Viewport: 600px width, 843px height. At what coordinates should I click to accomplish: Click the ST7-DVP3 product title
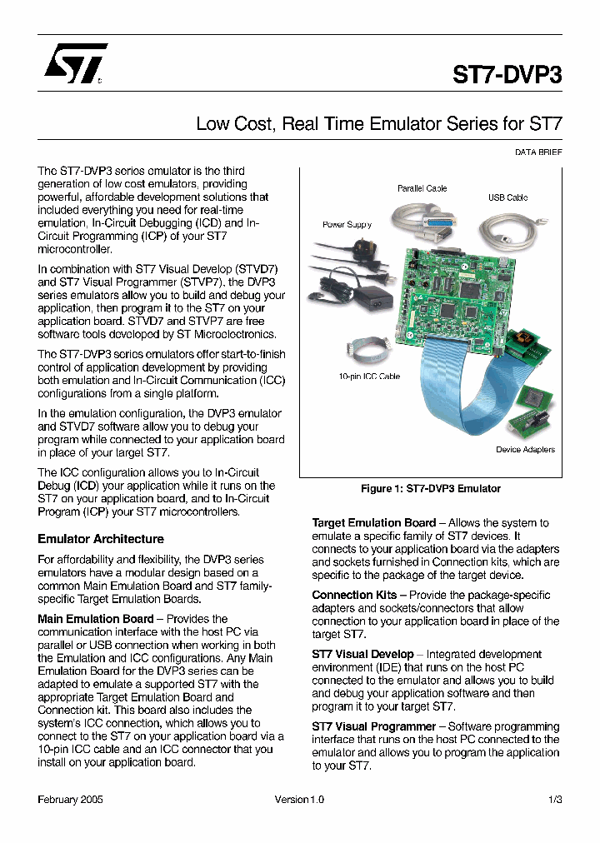[507, 75]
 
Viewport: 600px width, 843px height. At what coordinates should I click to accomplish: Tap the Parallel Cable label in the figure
[422, 188]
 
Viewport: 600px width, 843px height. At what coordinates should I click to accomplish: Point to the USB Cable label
[507, 197]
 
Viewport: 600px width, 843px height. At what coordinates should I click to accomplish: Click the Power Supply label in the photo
[347, 224]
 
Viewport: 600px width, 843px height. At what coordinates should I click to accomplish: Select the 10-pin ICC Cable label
[368, 377]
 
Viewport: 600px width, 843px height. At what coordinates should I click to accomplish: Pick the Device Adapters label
[525, 450]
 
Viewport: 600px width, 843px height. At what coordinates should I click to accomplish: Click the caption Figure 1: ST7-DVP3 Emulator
[430, 488]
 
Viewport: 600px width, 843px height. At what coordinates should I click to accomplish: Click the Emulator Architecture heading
[101, 539]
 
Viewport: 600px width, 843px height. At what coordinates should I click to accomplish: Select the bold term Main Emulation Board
[96, 619]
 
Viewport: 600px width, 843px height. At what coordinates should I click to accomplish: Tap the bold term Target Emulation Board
[373, 523]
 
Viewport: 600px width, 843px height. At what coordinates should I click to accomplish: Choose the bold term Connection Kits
[354, 595]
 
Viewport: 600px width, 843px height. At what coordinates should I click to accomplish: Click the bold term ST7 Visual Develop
[362, 654]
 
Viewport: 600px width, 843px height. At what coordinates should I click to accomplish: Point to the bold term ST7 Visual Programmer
[373, 726]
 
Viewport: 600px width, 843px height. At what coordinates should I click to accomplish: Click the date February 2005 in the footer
[71, 799]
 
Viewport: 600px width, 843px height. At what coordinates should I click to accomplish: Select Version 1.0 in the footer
[299, 799]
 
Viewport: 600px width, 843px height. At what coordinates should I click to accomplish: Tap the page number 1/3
[555, 799]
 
